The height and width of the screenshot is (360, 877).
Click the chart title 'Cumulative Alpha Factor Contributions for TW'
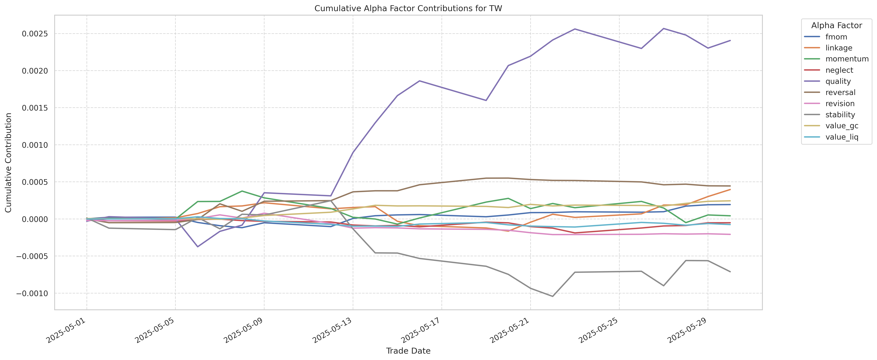pos(408,9)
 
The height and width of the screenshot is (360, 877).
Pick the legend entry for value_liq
pos(842,137)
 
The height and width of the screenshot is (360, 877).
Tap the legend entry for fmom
pos(836,37)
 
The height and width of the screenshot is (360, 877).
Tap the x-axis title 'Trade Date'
pos(408,351)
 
